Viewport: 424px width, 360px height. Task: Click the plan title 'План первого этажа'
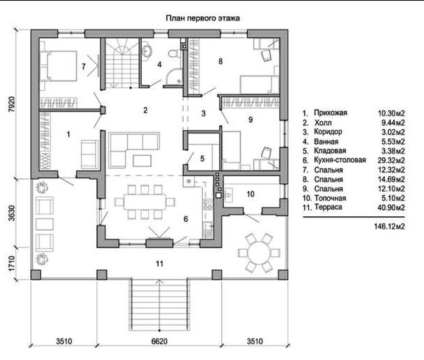[203, 18]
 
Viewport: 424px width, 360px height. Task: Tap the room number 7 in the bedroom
[84, 66]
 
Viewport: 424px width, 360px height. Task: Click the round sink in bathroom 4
[147, 50]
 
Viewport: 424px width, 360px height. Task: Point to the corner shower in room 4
[174, 76]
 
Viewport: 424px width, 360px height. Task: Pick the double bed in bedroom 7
[58, 66]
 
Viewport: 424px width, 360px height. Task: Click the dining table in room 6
[145, 201]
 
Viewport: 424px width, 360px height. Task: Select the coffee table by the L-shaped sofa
[142, 161]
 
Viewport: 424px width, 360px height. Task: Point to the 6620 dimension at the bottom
[159, 341]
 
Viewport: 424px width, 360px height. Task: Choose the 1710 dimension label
[12, 264]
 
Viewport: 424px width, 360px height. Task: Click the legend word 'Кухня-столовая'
[340, 160]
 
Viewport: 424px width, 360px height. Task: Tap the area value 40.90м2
[391, 207]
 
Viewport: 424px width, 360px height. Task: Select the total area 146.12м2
[390, 226]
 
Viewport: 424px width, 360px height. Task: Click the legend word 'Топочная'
[330, 198]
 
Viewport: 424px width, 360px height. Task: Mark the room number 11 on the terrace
[159, 263]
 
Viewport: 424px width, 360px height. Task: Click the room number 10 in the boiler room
[251, 194]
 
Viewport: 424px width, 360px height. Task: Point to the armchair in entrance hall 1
[90, 154]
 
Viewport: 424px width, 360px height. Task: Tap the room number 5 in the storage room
[202, 159]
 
